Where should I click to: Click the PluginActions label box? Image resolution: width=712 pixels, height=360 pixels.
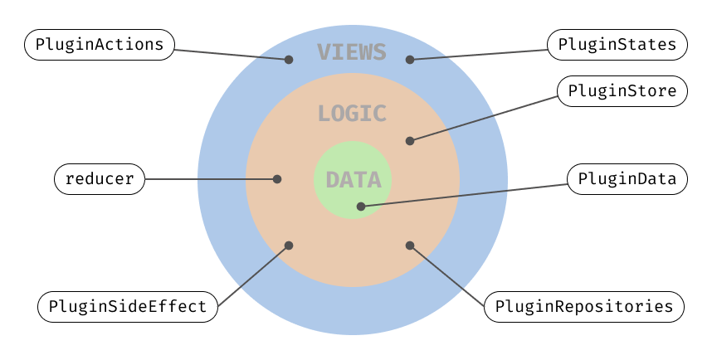pyautogui.click(x=100, y=45)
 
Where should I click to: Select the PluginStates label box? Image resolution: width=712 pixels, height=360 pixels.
pyautogui.click(x=617, y=45)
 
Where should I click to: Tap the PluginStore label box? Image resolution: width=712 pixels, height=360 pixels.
pyautogui.click(x=622, y=91)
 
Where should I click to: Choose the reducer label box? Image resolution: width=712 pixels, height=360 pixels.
pyautogui.click(x=100, y=178)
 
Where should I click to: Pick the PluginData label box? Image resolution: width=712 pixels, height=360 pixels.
pyautogui.click(x=627, y=178)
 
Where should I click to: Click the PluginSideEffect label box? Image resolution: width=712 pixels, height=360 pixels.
pyautogui.click(x=128, y=306)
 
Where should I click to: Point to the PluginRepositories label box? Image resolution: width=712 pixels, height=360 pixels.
pyautogui.click(x=583, y=306)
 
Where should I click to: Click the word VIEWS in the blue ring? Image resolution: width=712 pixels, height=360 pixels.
pyautogui.click(x=352, y=52)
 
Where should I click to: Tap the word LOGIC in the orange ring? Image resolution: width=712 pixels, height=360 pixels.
pyautogui.click(x=352, y=114)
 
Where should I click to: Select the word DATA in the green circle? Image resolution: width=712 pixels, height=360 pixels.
pyautogui.click(x=354, y=180)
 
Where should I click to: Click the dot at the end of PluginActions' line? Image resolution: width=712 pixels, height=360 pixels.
pyautogui.click(x=289, y=60)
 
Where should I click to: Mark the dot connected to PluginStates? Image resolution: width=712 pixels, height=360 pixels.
pyautogui.click(x=409, y=60)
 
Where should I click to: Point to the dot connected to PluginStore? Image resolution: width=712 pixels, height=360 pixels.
pyautogui.click(x=409, y=141)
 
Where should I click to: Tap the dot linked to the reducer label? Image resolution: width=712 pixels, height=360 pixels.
pyautogui.click(x=277, y=178)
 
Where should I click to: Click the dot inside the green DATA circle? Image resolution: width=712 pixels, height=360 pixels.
pyautogui.click(x=359, y=206)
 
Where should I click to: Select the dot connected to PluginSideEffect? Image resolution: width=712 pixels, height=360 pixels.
pyautogui.click(x=289, y=246)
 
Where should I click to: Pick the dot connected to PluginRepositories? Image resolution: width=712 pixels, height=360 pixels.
pyautogui.click(x=409, y=246)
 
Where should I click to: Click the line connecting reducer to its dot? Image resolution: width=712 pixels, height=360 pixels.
pyautogui.click(x=212, y=178)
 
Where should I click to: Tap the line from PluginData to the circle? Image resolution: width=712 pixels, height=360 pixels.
pyautogui.click(x=465, y=193)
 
